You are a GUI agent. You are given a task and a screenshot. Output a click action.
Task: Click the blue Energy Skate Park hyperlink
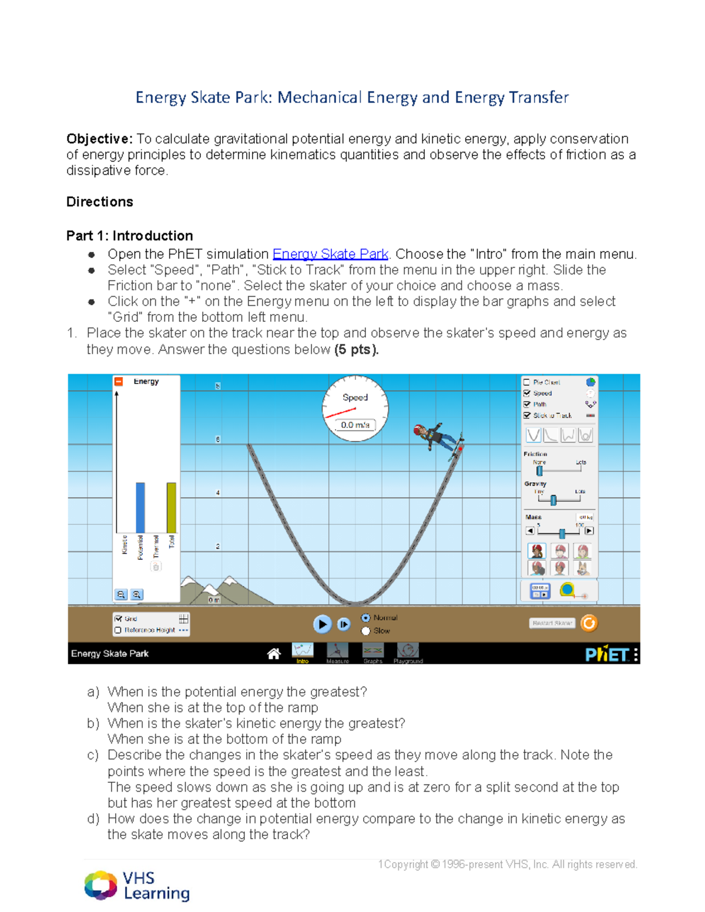tap(330, 254)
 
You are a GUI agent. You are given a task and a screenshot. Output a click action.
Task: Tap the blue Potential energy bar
tap(140, 507)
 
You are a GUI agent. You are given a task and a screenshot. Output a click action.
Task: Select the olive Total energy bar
tap(171, 507)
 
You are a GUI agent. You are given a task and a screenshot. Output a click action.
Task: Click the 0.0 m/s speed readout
tap(355, 425)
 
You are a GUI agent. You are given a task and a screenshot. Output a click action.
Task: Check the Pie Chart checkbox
tap(527, 382)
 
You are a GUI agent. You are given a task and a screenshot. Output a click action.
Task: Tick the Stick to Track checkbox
tap(527, 415)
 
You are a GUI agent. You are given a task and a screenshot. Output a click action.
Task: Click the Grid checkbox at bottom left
tap(119, 618)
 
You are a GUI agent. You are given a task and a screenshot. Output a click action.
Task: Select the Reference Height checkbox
tap(119, 630)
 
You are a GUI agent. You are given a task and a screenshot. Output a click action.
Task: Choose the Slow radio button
tap(366, 631)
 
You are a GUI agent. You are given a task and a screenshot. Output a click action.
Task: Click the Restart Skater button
tap(552, 623)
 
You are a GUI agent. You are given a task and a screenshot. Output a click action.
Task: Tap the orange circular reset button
tap(589, 623)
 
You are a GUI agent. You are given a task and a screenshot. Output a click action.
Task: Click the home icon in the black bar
tap(273, 654)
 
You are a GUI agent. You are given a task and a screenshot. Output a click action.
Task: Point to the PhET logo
tap(606, 654)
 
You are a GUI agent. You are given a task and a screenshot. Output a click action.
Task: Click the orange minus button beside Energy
tap(119, 382)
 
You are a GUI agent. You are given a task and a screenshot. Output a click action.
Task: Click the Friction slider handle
tap(539, 470)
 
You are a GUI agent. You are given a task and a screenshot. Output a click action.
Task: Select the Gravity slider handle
tap(553, 500)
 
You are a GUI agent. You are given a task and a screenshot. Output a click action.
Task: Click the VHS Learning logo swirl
tap(100, 885)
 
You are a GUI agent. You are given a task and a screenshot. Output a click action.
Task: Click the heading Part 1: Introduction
tap(129, 235)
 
